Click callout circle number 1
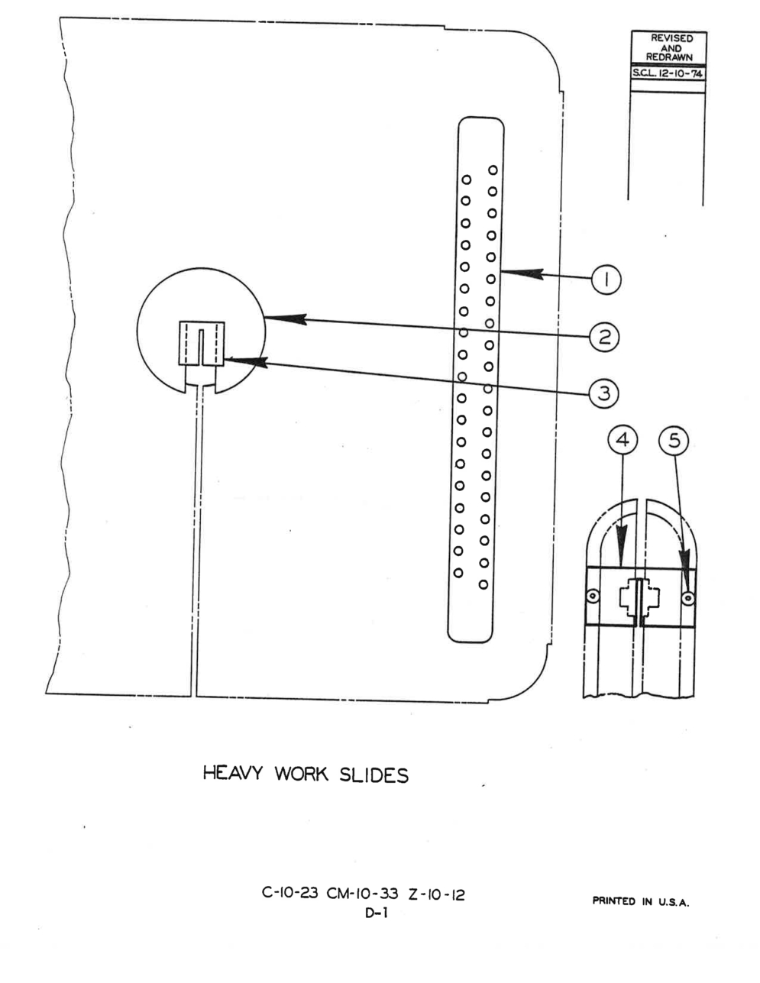pyautogui.click(x=606, y=280)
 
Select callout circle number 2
pyautogui.click(x=604, y=337)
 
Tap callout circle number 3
pyautogui.click(x=603, y=393)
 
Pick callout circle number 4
pyautogui.click(x=623, y=440)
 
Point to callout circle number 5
pyautogui.click(x=674, y=441)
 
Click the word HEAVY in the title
pyautogui.click(x=232, y=773)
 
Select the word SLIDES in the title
pyautogui.click(x=374, y=775)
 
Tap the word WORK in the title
pyautogui.click(x=301, y=774)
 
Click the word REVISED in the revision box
pyautogui.click(x=672, y=38)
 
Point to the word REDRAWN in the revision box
pyautogui.click(x=669, y=57)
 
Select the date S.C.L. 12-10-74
pyautogui.click(x=668, y=73)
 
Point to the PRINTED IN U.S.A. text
pyautogui.click(x=641, y=901)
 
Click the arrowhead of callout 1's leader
pyautogui.click(x=522, y=273)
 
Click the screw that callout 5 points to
pyautogui.click(x=687, y=599)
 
